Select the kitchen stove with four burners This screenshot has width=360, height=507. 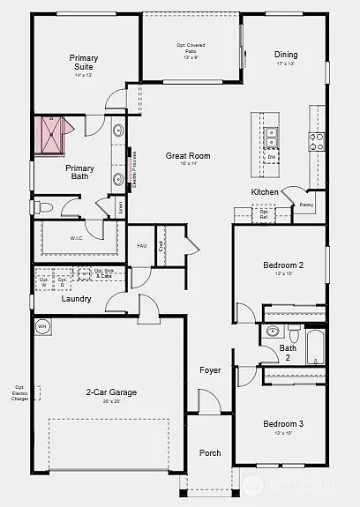point(316,138)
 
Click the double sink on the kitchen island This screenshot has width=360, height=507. point(272,137)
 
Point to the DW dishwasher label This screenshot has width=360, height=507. point(272,157)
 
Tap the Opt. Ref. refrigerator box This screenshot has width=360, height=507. point(264,213)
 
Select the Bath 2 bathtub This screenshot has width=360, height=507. point(315,347)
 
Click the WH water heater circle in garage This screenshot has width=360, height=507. point(41,326)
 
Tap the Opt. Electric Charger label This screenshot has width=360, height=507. point(19,392)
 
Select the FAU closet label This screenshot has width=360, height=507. point(141,246)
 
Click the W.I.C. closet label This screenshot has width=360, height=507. point(78,238)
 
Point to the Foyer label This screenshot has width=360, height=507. point(210,369)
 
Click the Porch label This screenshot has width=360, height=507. point(210,453)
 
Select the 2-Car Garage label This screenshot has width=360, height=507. point(111,392)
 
